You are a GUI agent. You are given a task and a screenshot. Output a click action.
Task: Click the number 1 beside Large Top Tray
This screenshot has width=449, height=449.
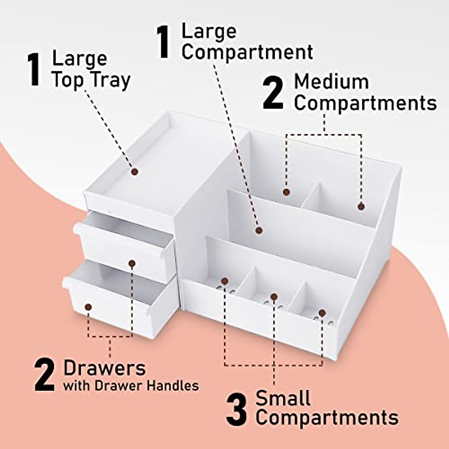[34, 70]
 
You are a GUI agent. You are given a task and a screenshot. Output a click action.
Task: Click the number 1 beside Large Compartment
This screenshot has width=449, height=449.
[164, 42]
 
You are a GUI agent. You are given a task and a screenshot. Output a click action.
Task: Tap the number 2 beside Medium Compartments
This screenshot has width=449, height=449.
[273, 92]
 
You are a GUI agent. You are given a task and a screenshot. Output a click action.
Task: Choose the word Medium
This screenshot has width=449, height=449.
[331, 82]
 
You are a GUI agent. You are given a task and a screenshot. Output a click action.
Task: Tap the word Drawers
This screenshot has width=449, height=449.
[104, 368]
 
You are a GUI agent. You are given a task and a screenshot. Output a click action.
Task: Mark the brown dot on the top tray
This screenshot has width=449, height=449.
[135, 172]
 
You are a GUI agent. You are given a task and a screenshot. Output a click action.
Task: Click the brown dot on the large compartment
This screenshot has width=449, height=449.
[259, 230]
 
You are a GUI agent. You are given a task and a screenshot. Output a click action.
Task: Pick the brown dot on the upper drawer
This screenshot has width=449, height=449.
[132, 263]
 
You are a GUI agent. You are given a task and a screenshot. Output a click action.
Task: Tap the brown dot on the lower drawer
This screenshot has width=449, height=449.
[88, 307]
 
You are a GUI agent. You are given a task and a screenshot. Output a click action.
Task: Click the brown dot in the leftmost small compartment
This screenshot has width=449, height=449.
[224, 281]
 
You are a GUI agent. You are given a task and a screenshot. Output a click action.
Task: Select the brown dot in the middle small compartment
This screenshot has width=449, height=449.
[274, 297]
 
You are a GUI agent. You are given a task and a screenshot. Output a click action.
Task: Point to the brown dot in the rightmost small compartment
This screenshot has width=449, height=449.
[322, 312]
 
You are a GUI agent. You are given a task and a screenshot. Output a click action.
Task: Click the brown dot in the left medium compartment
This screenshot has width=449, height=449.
[286, 192]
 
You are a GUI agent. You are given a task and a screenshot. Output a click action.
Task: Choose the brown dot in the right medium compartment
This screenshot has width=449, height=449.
[361, 206]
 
